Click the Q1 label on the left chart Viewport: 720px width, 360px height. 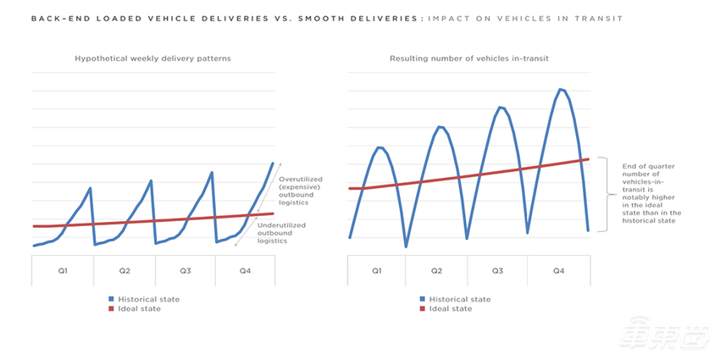point(63,270)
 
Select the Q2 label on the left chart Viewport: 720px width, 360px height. point(124,270)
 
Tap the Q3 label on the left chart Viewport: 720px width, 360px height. point(185,270)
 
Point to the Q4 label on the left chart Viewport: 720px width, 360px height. point(245,270)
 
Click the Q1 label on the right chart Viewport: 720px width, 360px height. point(377,270)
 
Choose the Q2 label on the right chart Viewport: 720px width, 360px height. point(436,270)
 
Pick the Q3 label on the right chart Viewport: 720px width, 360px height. point(497,270)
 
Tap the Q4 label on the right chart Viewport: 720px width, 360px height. point(558,270)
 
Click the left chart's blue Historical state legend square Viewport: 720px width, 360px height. point(110,299)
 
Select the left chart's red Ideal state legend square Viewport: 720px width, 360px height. point(110,308)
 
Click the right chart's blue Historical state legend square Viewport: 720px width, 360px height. point(422,299)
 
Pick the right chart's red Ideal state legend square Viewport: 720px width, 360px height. point(422,308)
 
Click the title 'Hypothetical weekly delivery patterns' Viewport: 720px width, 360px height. point(152,58)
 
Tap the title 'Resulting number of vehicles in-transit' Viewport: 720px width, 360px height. point(469,58)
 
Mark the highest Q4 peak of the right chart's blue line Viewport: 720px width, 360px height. point(560,88)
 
